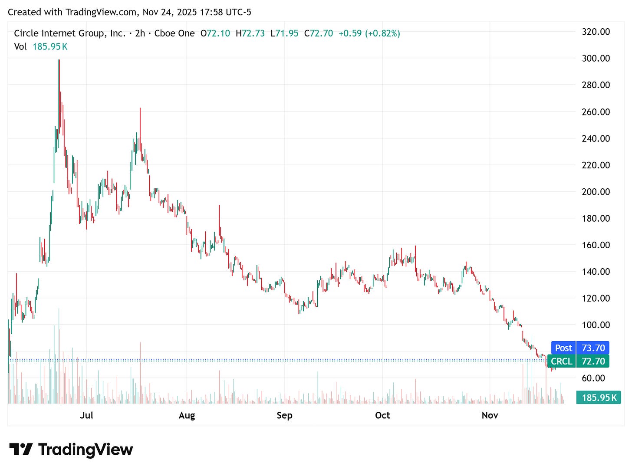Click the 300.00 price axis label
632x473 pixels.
596,58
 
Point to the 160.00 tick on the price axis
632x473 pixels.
596,245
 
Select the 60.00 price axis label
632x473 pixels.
593,378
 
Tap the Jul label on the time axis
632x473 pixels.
86,415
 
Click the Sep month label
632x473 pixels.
284,415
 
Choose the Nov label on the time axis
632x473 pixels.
490,415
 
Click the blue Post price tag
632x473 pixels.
563,348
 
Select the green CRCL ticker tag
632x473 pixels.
561,361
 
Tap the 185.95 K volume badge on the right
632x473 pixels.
599,397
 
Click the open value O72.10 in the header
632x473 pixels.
215,33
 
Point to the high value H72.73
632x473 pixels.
250,33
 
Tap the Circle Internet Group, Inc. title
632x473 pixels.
69,33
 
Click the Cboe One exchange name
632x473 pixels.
174,33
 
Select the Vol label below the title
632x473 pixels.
20,47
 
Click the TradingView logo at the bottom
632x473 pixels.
71,449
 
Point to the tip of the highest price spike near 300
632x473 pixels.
59,60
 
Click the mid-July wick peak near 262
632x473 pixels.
140,108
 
